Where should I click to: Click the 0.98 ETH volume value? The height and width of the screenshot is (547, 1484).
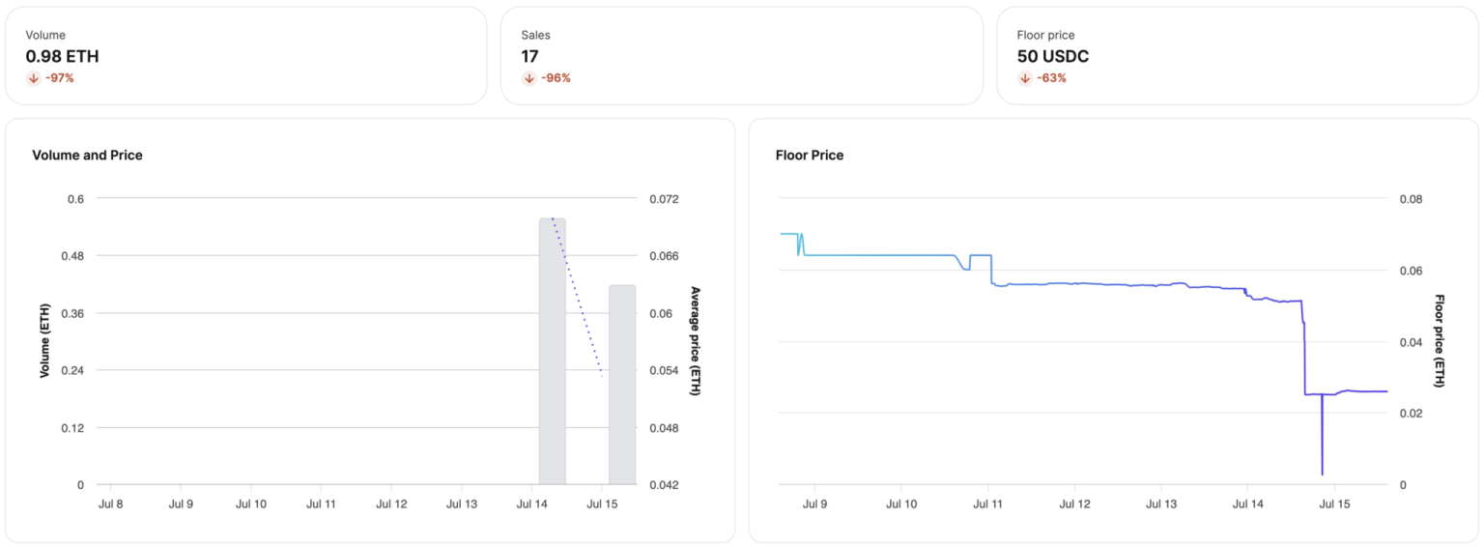tap(62, 56)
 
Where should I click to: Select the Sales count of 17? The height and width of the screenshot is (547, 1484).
tap(529, 56)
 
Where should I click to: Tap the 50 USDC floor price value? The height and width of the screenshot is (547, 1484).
tap(1053, 56)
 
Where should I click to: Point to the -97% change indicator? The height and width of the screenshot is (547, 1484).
tap(59, 78)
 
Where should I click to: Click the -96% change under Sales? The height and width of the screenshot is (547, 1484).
tap(556, 78)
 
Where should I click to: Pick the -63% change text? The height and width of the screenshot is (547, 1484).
tap(1051, 78)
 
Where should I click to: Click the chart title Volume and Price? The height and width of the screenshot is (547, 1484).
tap(87, 155)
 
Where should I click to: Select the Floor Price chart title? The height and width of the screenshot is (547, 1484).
tap(810, 155)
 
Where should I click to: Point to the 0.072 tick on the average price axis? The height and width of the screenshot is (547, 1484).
tap(664, 199)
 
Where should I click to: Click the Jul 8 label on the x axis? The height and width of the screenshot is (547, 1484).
tap(111, 504)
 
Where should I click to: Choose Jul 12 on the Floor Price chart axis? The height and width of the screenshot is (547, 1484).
tap(1074, 504)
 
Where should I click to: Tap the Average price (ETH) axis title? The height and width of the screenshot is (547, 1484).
tap(696, 341)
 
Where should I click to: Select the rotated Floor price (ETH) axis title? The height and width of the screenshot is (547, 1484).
tap(1440, 341)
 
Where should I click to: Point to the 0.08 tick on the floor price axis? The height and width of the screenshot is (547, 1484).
tap(1411, 199)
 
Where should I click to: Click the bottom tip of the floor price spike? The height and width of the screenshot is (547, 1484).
tap(1322, 475)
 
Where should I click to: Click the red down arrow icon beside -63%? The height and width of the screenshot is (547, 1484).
tap(1025, 78)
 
